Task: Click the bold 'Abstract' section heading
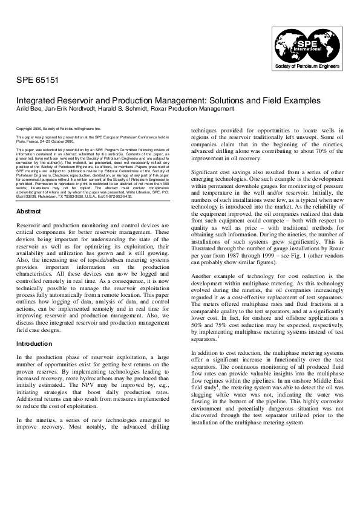(x=29, y=195)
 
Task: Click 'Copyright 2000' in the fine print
(x=28, y=129)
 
